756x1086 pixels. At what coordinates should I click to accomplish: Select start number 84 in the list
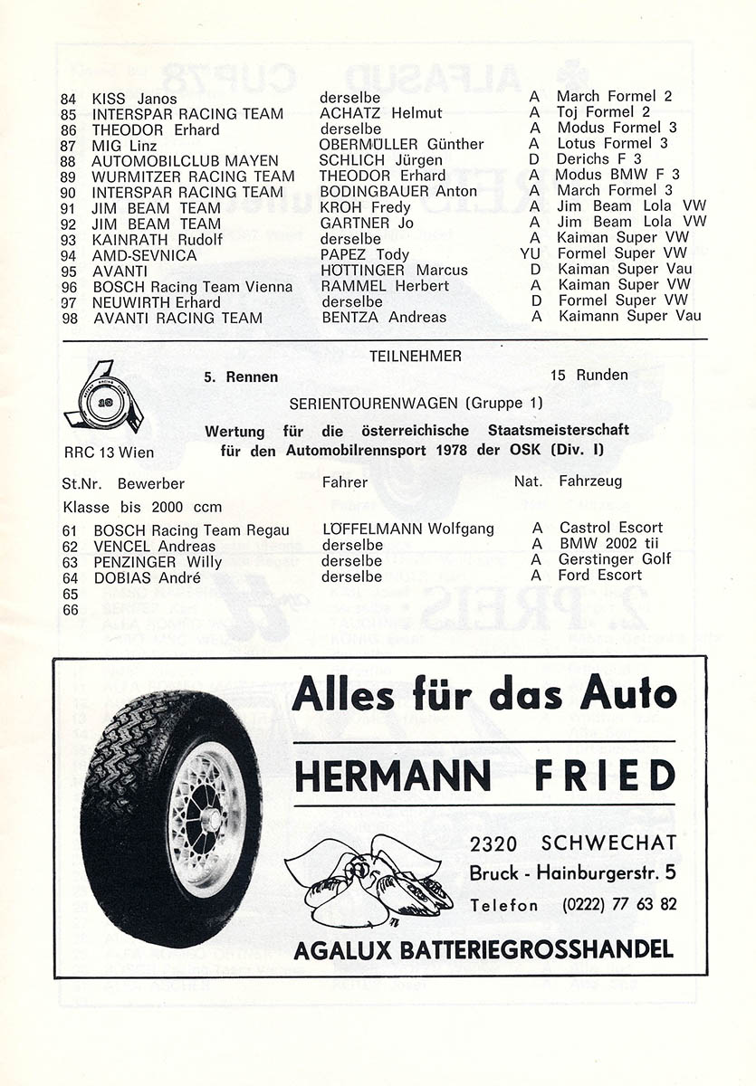(x=69, y=97)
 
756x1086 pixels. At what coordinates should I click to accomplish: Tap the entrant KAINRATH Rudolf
(x=157, y=239)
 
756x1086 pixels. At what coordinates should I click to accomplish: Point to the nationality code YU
(x=531, y=254)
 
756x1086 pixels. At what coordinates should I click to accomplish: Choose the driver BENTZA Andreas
(x=384, y=318)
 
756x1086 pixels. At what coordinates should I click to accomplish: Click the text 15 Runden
(x=589, y=375)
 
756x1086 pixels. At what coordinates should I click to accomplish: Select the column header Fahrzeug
(x=590, y=481)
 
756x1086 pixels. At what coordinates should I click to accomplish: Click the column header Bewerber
(x=150, y=482)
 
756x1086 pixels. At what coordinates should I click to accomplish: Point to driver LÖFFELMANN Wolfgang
(x=407, y=529)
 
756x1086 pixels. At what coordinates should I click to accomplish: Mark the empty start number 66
(x=71, y=610)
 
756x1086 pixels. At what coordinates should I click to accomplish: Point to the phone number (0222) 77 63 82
(x=619, y=904)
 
